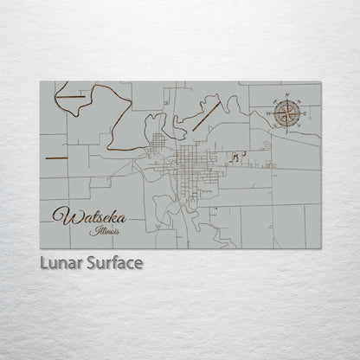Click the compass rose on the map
[x=288, y=112]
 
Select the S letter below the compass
[x=288, y=129]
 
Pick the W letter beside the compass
[x=271, y=112]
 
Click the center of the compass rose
[x=288, y=112]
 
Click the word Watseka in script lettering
[x=86, y=215]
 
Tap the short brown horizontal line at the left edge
[x=55, y=158]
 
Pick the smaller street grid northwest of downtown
[x=157, y=143]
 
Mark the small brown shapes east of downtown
[x=239, y=156]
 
